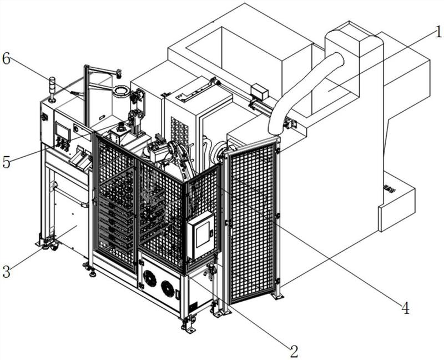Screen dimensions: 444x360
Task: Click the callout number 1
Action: [x=438, y=32]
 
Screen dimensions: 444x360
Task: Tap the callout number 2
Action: [x=294, y=352]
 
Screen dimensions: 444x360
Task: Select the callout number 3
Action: [x=6, y=271]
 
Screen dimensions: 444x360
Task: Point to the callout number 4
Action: [x=406, y=308]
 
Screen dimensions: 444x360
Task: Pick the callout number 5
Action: [x=6, y=162]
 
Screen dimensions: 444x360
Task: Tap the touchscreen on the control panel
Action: [x=63, y=131]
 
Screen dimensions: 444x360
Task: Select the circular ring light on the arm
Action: [x=120, y=91]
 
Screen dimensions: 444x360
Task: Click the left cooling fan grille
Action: [x=149, y=277]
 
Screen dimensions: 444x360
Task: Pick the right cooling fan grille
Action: [x=168, y=288]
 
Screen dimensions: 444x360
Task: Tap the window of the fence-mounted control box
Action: [x=203, y=234]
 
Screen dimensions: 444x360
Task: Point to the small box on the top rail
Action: [x=260, y=91]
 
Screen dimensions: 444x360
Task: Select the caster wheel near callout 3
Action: [x=54, y=247]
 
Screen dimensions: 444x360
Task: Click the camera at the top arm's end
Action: [x=118, y=73]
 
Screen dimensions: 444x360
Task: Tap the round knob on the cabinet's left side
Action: [x=44, y=117]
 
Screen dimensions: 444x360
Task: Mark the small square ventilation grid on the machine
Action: [x=179, y=131]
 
